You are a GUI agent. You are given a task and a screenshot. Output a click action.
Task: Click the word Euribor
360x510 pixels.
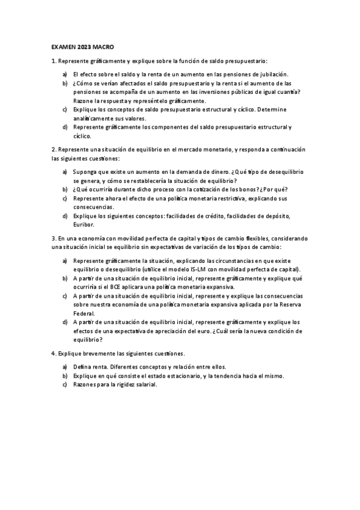(x=83, y=224)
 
